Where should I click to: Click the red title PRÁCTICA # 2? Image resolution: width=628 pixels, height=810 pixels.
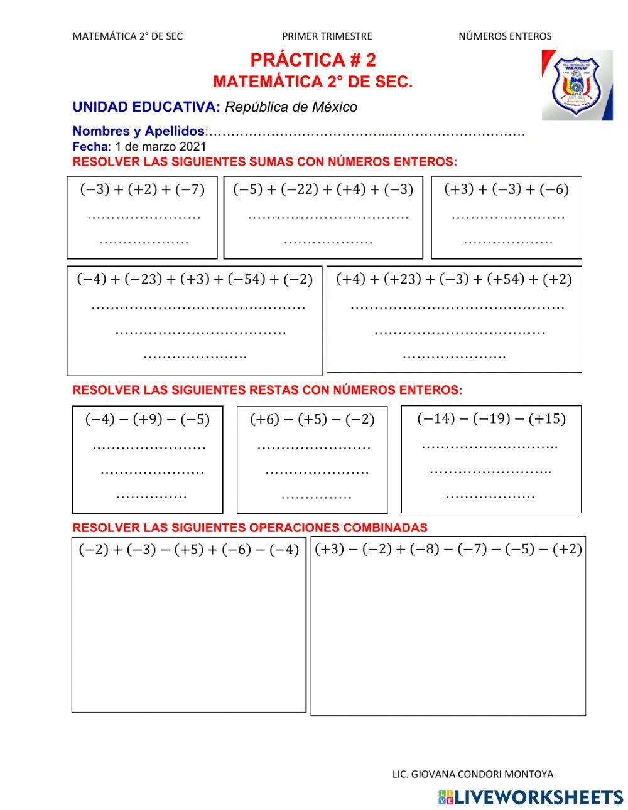[313, 60]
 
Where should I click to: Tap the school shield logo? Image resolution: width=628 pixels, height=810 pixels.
[577, 85]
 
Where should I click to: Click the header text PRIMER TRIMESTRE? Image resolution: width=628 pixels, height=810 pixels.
[327, 36]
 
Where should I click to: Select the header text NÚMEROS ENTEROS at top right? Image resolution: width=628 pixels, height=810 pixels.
[504, 36]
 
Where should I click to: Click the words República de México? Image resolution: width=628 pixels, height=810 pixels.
[291, 107]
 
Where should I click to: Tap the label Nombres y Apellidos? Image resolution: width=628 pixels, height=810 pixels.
[138, 131]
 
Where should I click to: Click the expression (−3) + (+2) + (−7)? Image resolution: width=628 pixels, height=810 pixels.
[143, 189]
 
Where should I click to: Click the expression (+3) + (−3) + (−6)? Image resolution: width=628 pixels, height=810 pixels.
[506, 189]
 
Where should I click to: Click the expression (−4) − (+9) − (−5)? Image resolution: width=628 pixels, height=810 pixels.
[148, 419]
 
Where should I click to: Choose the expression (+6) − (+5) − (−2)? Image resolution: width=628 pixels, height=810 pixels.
[312, 419]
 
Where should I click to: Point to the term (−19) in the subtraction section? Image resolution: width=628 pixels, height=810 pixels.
[491, 418]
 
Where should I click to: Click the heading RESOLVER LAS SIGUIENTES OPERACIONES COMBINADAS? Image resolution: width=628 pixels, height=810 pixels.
[250, 528]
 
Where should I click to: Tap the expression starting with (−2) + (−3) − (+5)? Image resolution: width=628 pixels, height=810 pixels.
[188, 550]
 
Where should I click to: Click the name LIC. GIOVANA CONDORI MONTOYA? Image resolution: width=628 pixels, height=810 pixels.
[472, 774]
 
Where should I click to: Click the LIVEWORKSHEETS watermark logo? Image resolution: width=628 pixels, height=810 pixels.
[531, 797]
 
